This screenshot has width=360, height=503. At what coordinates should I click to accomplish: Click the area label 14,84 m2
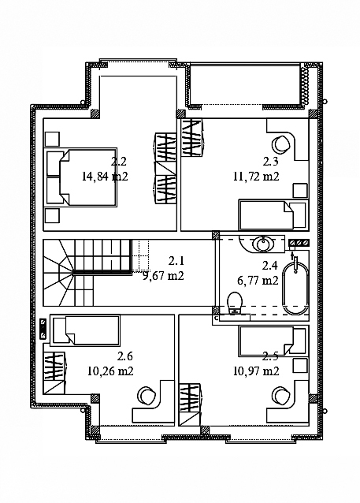(105, 176)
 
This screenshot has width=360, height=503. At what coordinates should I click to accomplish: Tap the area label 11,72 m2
(256, 176)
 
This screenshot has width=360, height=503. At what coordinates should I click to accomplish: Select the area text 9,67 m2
(163, 276)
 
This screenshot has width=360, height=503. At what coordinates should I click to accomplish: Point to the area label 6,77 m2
(258, 281)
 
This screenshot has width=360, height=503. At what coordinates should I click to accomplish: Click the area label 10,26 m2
(110, 371)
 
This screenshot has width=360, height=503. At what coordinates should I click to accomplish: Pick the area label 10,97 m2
(256, 371)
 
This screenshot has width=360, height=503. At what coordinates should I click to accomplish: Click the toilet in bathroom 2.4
(235, 303)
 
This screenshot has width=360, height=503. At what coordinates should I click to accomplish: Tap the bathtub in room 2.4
(295, 288)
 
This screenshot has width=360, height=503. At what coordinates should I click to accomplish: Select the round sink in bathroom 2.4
(264, 244)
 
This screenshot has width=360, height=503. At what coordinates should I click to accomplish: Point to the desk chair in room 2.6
(147, 395)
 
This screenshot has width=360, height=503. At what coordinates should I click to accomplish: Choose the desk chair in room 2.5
(280, 395)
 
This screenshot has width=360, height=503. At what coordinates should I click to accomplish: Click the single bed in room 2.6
(86, 330)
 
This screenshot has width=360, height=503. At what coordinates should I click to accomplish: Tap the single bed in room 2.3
(273, 215)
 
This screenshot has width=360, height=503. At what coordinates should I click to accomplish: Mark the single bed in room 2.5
(273, 341)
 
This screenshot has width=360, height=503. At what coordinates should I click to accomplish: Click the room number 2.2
(119, 162)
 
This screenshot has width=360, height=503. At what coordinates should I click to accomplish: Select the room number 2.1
(176, 261)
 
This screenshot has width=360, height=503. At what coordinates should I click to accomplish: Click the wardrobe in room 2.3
(192, 138)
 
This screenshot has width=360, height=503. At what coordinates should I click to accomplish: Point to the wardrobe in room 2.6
(54, 373)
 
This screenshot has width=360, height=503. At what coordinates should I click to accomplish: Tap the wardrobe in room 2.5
(190, 404)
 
